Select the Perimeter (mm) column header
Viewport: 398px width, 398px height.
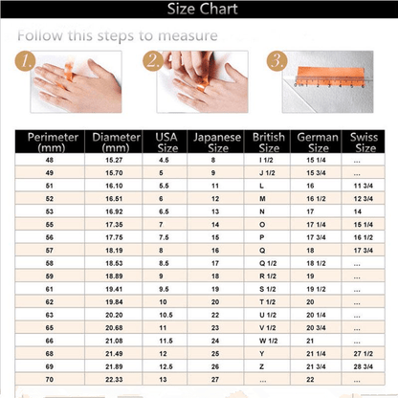tap(46, 143)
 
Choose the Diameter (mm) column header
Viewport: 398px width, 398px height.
tap(116, 143)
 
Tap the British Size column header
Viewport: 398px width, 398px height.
tap(268, 143)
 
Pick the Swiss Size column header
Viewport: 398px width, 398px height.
tap(365, 143)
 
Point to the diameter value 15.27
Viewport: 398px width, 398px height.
tap(115, 159)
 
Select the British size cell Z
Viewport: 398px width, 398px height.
tap(260, 352)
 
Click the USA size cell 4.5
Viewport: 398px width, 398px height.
tap(165, 159)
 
